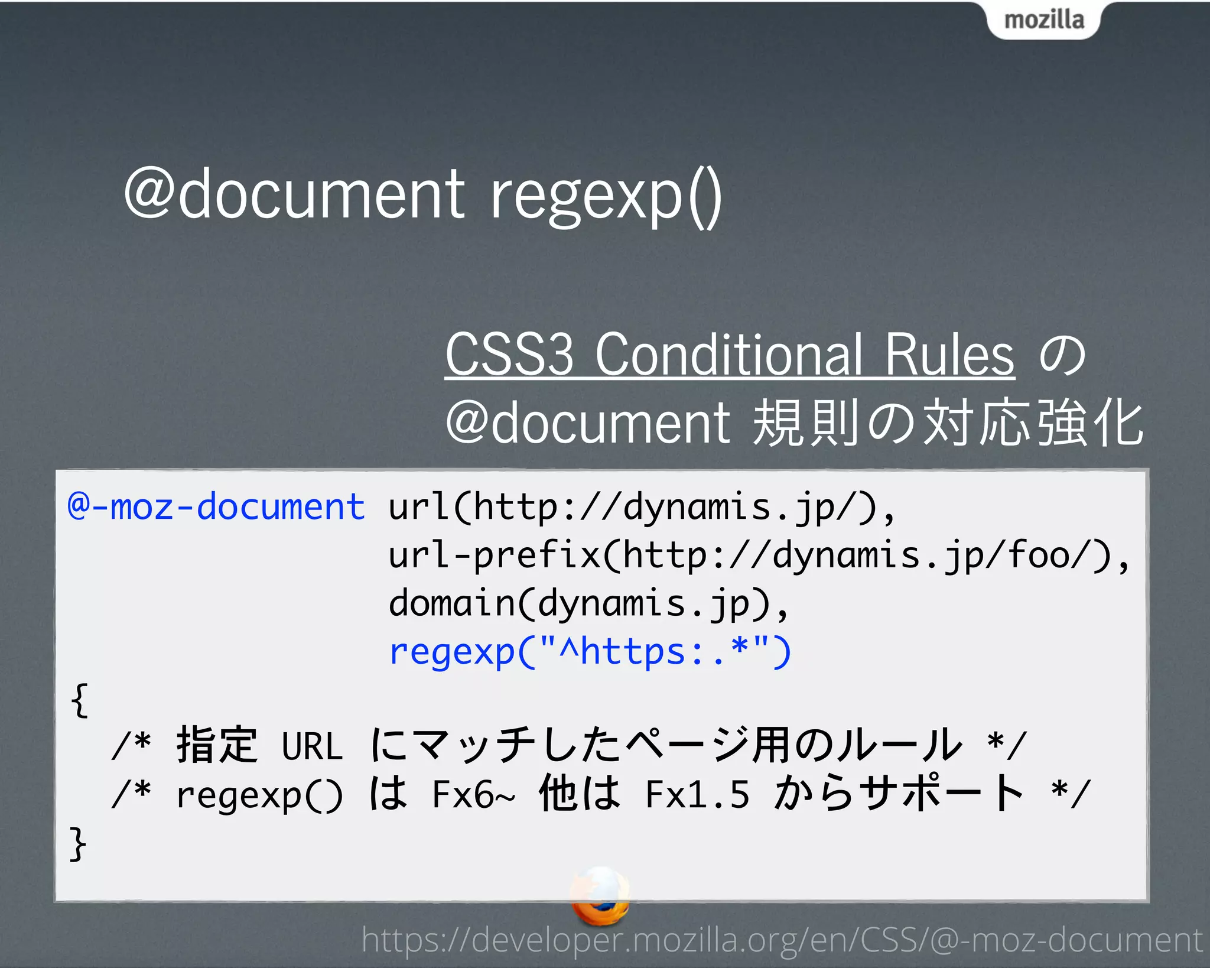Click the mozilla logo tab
(1043, 20)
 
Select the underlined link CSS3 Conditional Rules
(730, 355)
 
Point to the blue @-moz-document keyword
(216, 507)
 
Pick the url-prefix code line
(759, 556)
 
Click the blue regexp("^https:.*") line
(590, 652)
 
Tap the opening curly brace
(79, 700)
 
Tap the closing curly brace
(78, 843)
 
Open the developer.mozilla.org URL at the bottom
(782, 940)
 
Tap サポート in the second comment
(942, 794)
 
